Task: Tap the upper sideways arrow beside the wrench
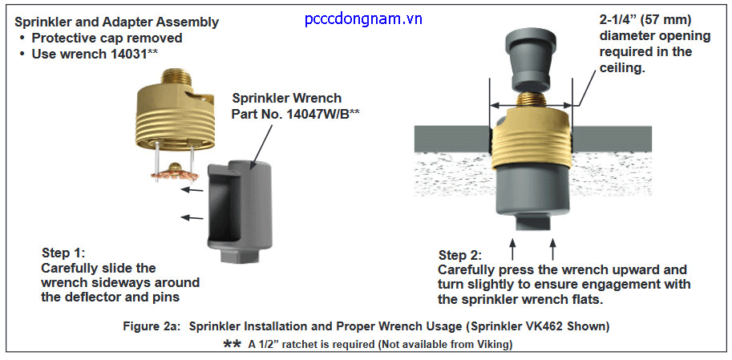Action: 190,190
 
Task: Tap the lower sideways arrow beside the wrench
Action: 190,216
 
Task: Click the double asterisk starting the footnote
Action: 233,344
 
